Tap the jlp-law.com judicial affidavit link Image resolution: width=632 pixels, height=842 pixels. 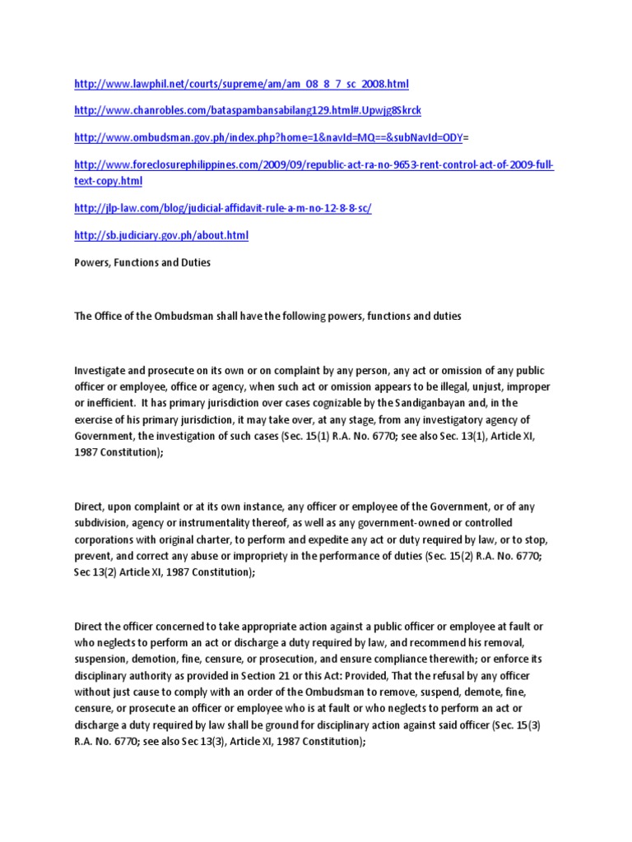click(223, 209)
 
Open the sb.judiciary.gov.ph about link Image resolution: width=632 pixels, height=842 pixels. click(161, 235)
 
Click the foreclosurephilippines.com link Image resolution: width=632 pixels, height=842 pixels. click(314, 165)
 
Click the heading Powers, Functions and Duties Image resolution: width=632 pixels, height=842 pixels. click(142, 262)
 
